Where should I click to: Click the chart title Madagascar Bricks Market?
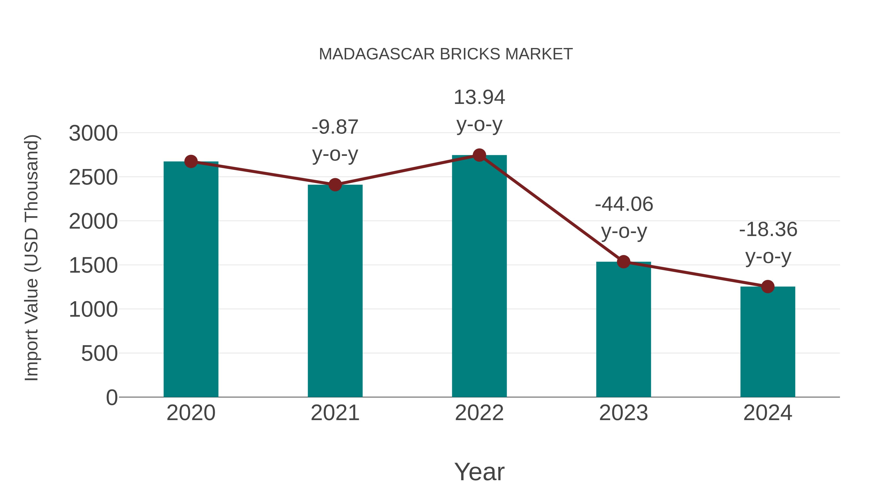tap(446, 54)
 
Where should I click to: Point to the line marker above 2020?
tap(191, 162)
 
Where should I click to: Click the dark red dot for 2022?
tap(479, 155)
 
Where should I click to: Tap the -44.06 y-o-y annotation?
tap(624, 217)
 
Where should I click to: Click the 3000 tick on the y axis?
tap(93, 133)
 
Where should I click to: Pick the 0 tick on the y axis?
tap(112, 398)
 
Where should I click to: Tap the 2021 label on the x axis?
tap(335, 413)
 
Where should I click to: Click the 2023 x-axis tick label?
tap(623, 413)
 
